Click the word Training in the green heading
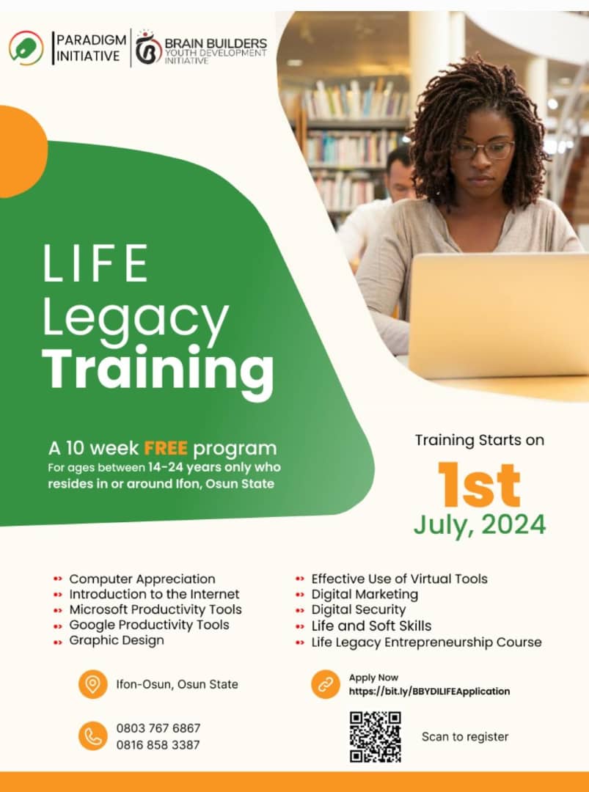coord(158,368)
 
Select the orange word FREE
coord(166,448)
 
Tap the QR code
coord(375,736)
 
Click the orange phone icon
coord(92,736)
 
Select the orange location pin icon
coord(92,684)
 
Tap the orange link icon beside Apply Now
coord(325,684)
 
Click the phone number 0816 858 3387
coord(158,744)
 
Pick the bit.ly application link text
coord(429,691)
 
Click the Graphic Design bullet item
coord(117,640)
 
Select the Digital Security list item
coord(358,609)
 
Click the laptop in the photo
coord(499,315)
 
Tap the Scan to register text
coord(465,736)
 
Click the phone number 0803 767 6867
coord(158,728)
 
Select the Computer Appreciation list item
coord(142,579)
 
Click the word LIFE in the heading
coord(95,264)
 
